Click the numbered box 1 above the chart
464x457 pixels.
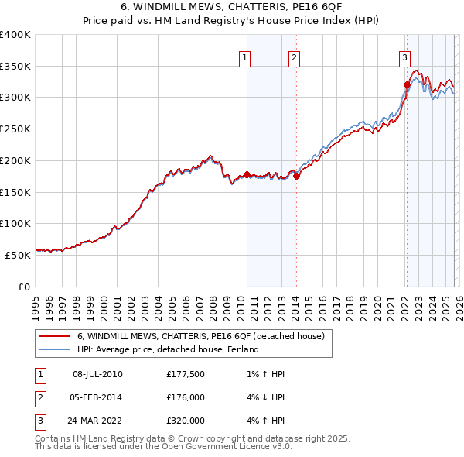click(245, 57)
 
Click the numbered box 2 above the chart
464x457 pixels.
click(295, 57)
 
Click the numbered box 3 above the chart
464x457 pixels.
click(404, 57)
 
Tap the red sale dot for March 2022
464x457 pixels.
click(407, 84)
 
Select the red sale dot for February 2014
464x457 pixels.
click(296, 175)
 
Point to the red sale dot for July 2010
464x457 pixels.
click(247, 174)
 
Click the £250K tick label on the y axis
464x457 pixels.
click(15, 129)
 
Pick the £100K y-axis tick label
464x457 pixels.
click(15, 223)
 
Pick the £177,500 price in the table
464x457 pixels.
click(186, 374)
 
